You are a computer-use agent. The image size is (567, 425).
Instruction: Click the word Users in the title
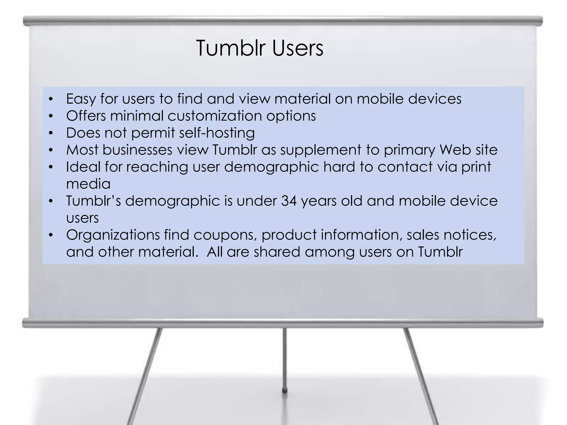pyautogui.click(x=297, y=48)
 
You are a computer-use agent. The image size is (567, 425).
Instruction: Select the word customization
pyautogui.click(x=215, y=116)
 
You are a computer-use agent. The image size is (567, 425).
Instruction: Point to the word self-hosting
pyautogui.click(x=217, y=133)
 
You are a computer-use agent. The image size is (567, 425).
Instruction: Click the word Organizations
pyautogui.click(x=113, y=235)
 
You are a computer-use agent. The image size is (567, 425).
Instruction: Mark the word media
pyautogui.click(x=88, y=184)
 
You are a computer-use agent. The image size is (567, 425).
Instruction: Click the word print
pyautogui.click(x=476, y=167)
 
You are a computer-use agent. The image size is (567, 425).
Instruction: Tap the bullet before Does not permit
pyautogui.click(x=50, y=133)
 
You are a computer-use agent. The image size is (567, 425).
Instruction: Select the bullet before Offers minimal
pyautogui.click(x=50, y=116)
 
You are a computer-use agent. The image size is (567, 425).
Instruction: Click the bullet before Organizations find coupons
pyautogui.click(x=50, y=235)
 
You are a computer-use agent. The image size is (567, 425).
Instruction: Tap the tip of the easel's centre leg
pyautogui.click(x=284, y=391)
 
